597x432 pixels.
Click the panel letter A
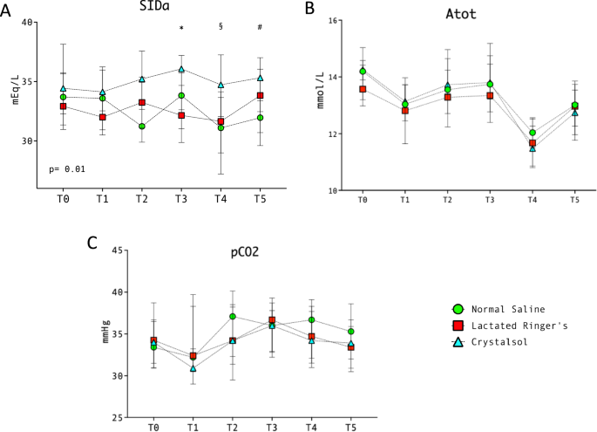(7, 8)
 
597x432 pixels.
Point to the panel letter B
(309, 8)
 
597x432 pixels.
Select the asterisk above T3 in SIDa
(181, 29)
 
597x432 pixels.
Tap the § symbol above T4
(220, 27)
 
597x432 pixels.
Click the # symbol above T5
(260, 27)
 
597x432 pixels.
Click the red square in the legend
(458, 326)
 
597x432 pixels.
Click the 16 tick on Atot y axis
(334, 20)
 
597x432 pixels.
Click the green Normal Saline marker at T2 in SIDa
(142, 127)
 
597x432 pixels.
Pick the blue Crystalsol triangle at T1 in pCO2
(193, 368)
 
